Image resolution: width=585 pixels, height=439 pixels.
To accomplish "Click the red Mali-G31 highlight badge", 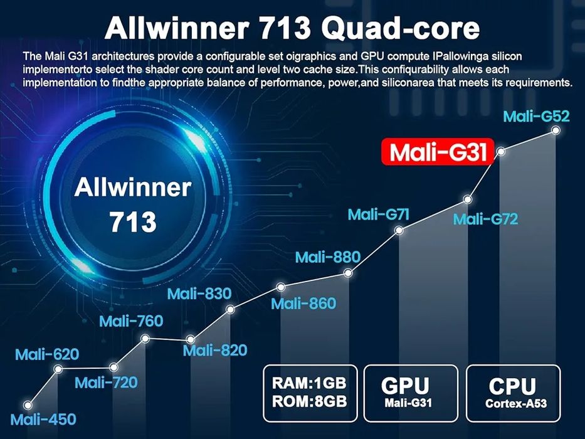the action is [x=438, y=152].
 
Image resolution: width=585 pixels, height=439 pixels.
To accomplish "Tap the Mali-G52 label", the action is [x=537, y=117].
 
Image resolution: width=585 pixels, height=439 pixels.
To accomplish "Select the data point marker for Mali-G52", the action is [x=556, y=130].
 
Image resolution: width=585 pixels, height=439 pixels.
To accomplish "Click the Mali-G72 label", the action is [x=486, y=219].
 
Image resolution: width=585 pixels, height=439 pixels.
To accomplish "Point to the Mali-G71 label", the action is [x=378, y=214].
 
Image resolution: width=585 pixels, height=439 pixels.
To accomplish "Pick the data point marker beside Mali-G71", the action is [x=399, y=230].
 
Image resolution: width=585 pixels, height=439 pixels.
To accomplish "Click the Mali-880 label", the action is [x=327, y=257].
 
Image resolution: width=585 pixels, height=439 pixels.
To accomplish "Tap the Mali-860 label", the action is [x=303, y=304].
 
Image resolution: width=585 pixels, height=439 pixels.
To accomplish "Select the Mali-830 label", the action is [x=199, y=294].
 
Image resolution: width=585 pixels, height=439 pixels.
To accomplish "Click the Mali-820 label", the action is [x=215, y=351].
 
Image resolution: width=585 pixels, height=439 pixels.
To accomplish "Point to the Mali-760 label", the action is [x=131, y=321].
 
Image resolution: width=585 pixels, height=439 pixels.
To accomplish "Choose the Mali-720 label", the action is [x=107, y=383].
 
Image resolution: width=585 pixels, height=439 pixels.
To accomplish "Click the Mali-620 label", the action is [x=47, y=354].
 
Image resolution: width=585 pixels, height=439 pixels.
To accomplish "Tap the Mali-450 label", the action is [x=43, y=420].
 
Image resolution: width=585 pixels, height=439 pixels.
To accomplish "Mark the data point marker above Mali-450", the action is [x=27, y=405].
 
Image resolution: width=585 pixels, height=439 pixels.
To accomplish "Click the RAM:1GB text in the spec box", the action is [x=309, y=383].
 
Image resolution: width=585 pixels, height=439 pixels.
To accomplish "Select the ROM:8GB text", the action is [x=309, y=401].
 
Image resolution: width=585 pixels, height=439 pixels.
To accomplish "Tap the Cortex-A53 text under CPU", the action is [x=516, y=403].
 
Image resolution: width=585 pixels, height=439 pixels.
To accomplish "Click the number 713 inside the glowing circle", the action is [x=133, y=222].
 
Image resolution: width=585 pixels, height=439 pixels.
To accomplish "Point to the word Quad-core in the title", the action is [x=400, y=28].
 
